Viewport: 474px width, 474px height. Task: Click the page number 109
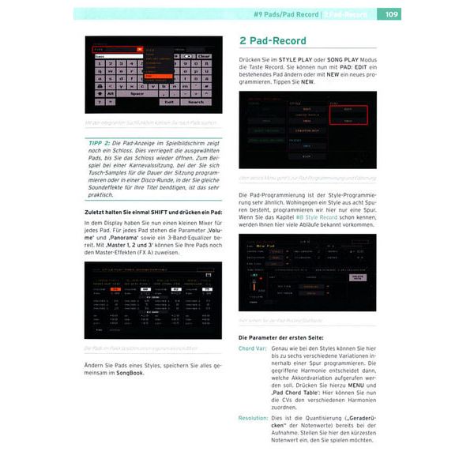click(393, 13)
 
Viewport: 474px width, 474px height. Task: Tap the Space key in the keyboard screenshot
click(137, 92)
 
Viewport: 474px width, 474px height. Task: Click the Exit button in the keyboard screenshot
click(168, 102)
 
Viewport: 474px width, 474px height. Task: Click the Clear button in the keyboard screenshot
click(204, 56)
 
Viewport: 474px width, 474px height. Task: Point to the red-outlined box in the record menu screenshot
click(350, 115)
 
